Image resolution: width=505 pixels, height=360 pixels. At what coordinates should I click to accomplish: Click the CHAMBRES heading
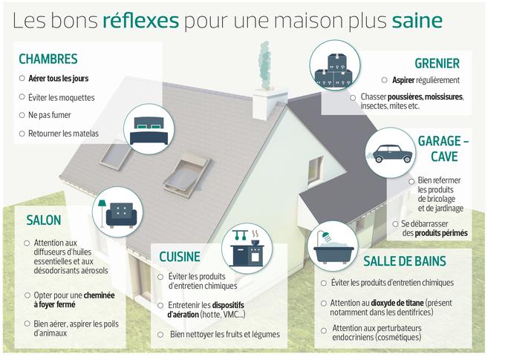[48, 59]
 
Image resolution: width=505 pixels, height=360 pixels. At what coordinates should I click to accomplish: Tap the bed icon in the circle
[149, 131]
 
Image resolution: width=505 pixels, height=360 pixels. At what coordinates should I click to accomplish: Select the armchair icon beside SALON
[118, 214]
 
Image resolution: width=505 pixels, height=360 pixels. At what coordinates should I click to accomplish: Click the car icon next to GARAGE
[391, 154]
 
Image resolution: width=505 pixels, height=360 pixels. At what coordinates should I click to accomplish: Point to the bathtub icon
[333, 249]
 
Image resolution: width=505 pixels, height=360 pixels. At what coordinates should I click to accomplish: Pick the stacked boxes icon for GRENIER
[334, 70]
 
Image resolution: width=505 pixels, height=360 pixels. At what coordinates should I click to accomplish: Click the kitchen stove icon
[247, 248]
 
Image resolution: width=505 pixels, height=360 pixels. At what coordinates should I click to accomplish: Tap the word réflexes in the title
[141, 21]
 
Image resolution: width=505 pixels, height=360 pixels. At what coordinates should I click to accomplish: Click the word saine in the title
[417, 21]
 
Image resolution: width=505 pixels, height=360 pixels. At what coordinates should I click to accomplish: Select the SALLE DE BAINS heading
[405, 261]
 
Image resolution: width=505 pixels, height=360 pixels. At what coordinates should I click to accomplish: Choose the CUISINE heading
[180, 257]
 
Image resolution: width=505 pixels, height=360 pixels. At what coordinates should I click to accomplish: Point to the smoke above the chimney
[265, 65]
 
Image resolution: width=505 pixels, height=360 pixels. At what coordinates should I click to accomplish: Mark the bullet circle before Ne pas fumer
[22, 115]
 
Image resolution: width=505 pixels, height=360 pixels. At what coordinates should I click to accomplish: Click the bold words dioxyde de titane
[397, 303]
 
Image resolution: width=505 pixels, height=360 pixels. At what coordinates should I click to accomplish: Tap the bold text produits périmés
[441, 233]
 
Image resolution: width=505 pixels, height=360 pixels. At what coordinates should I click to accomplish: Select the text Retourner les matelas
[63, 134]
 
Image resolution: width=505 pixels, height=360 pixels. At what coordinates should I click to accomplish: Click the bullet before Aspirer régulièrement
[384, 80]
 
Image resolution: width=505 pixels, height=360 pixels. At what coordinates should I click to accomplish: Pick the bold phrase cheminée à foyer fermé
[74, 300]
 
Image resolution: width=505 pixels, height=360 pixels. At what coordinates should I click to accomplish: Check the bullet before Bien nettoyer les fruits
[160, 335]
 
